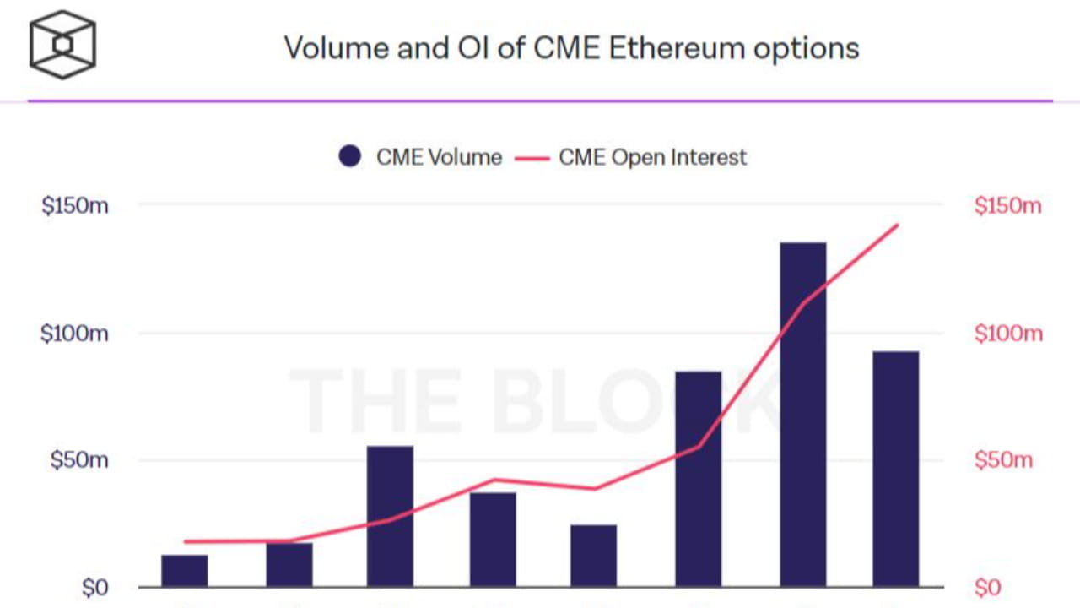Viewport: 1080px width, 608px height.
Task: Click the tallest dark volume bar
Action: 802,414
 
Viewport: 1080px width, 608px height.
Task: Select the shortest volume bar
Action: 184,571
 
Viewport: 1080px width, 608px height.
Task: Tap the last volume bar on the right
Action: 895,469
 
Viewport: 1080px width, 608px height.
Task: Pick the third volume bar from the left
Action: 390,516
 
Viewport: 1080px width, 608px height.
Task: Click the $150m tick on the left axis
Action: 74,205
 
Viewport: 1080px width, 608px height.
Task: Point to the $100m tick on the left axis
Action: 74,333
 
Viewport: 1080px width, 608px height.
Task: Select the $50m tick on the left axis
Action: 78,460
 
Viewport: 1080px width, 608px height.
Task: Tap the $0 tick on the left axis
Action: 93,587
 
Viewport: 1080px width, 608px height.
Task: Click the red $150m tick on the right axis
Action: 1008,205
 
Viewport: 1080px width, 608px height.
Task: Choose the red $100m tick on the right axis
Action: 1008,333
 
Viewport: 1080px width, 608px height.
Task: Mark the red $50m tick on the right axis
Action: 1004,460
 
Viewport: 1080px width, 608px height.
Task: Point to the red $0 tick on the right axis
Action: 988,587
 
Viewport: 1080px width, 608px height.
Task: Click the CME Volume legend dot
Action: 350,156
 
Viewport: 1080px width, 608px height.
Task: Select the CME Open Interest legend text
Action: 652,157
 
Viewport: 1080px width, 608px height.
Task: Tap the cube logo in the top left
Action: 62,44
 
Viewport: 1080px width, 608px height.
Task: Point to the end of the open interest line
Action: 898,225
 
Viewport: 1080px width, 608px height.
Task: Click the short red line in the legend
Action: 531,157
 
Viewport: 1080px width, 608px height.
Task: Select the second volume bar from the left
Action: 289,565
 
